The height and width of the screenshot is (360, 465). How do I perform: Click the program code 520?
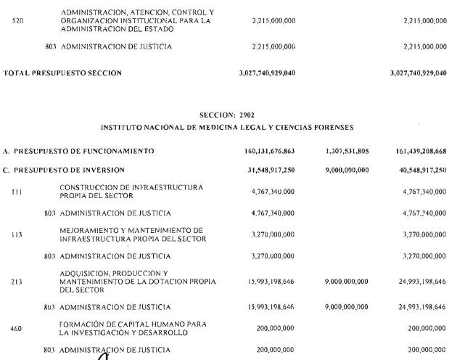(x=19, y=22)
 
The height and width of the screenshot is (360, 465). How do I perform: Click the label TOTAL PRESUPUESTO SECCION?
(x=63, y=73)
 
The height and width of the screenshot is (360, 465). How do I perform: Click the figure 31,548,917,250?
(x=272, y=170)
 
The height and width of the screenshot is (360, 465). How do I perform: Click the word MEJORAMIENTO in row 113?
(x=90, y=231)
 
